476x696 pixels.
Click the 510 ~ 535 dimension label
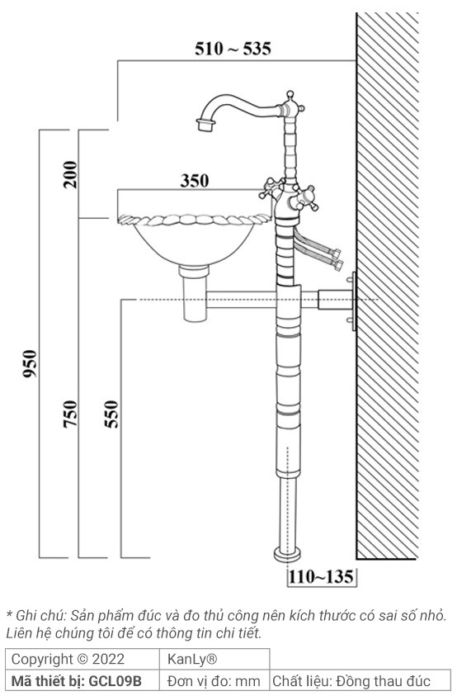233,49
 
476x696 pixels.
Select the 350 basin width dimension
195,181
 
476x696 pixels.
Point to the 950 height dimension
30,363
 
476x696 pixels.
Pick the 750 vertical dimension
71,413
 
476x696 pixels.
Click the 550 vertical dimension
111,413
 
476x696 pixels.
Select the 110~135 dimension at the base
322,576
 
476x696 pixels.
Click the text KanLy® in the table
192,660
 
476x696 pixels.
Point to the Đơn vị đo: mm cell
213,681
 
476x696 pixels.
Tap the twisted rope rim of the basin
190,220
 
